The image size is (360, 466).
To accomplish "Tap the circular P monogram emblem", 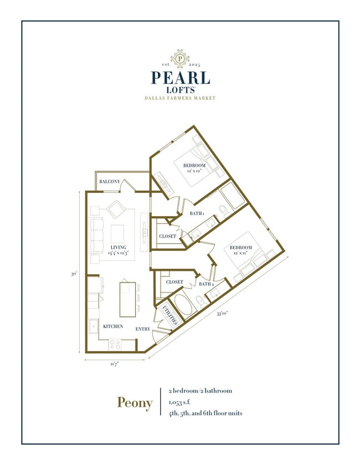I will click(x=180, y=58).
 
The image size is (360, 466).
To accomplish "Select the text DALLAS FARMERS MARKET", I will click(x=180, y=98).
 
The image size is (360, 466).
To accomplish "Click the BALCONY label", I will click(x=110, y=182).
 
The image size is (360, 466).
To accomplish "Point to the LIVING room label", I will click(x=118, y=247).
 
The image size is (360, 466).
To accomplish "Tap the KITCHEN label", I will click(x=112, y=326).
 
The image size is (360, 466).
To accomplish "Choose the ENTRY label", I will click(x=143, y=329).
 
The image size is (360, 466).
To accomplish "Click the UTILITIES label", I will click(x=170, y=315).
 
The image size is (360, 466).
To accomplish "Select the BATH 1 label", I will click(x=197, y=213).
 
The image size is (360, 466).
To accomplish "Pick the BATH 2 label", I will click(x=205, y=284).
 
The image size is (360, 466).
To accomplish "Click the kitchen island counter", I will click(x=127, y=296).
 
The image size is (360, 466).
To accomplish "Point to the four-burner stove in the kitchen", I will click(x=115, y=344).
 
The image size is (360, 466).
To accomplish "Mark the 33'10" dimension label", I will click(x=224, y=314).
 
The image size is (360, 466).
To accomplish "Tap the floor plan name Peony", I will click(x=135, y=403).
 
